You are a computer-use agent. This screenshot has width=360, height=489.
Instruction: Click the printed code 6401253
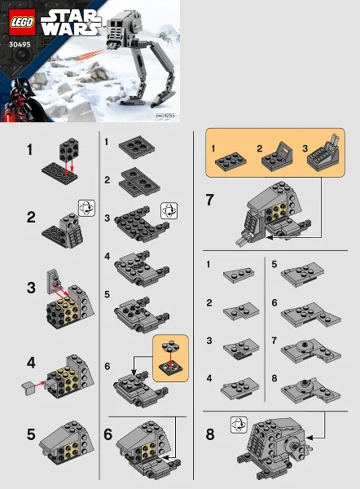pos(166,117)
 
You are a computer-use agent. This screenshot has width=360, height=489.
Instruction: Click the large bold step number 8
pos(210,434)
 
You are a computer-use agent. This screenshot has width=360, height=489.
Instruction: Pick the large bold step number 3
pos(31,287)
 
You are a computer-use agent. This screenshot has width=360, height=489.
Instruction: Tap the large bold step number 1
pos(30,149)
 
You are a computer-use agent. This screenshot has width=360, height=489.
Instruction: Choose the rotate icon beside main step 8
pos(238,423)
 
